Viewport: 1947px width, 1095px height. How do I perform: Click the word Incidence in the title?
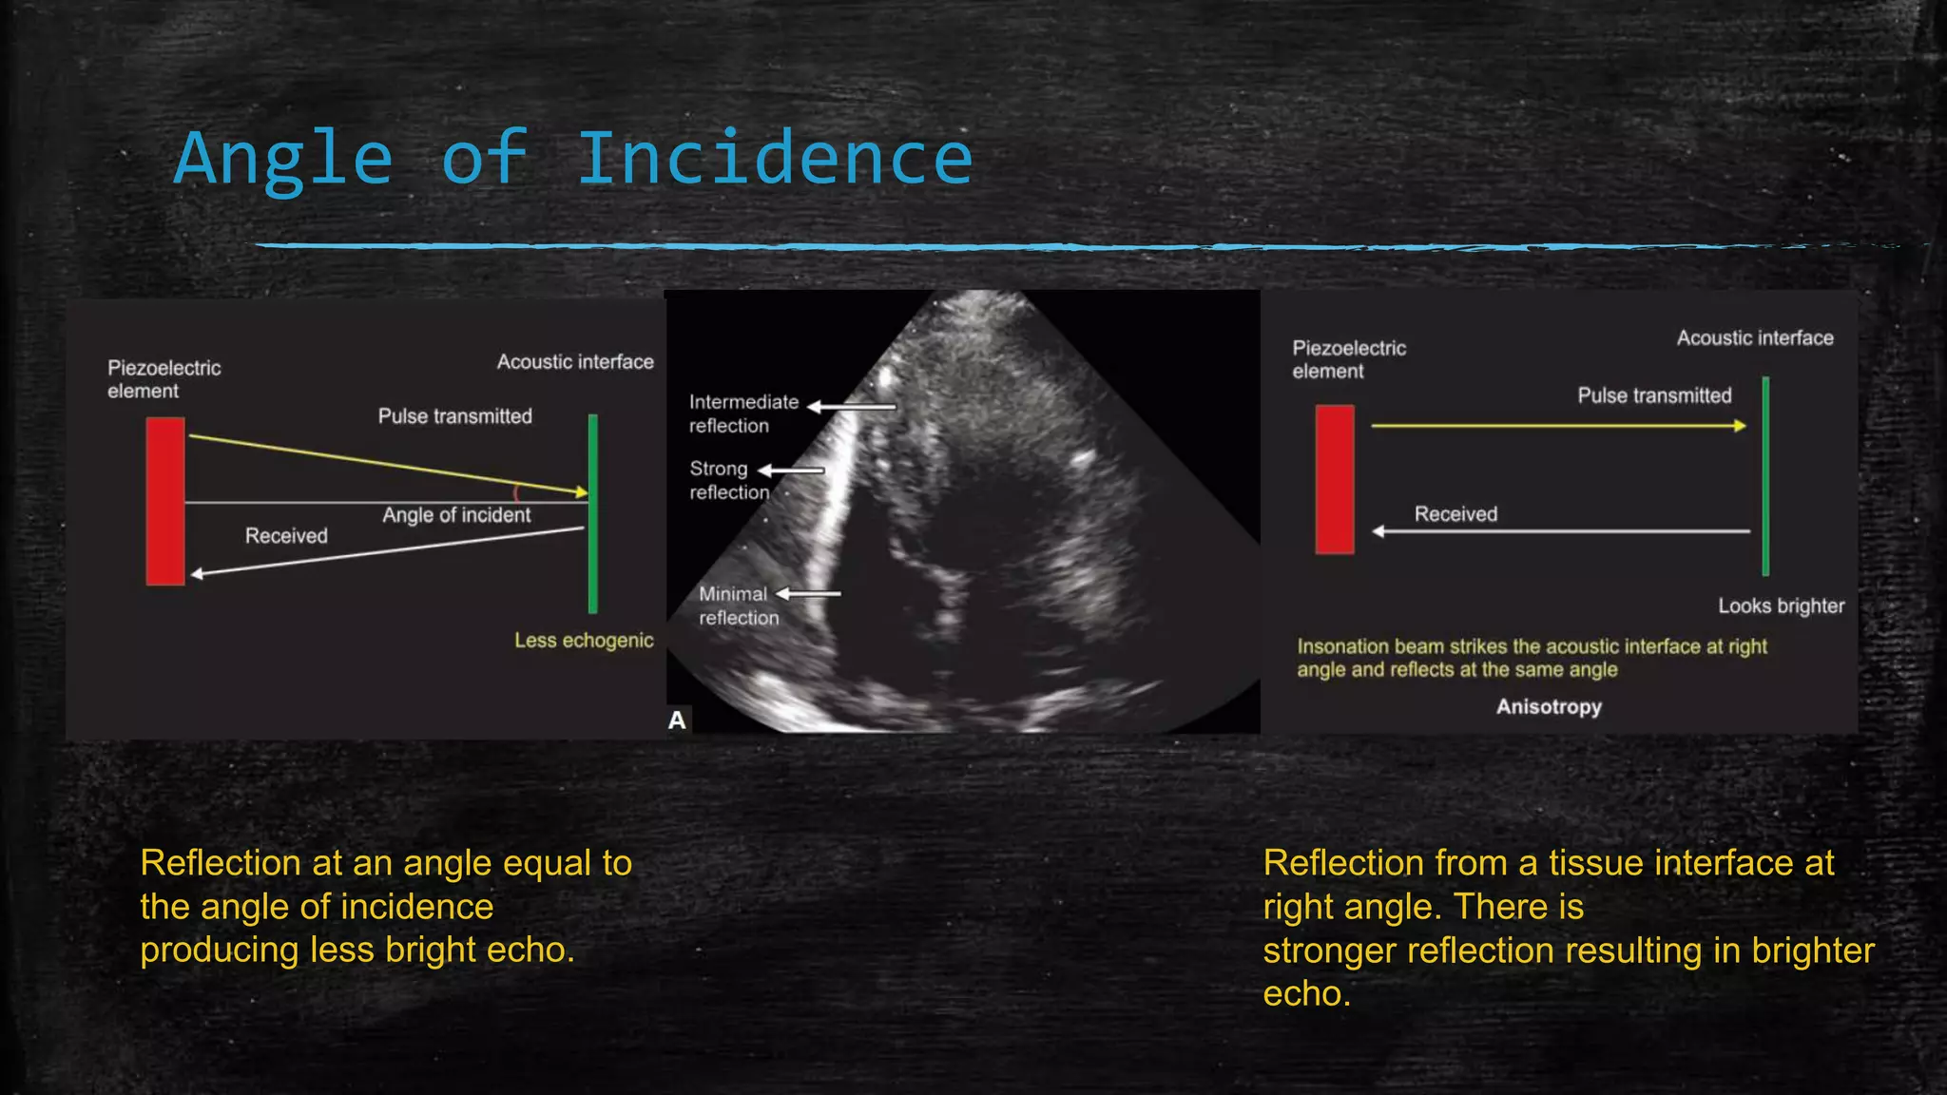[x=775, y=159]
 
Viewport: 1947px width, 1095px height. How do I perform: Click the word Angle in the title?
[x=283, y=159]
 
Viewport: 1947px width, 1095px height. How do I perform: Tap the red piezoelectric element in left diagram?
[x=165, y=501]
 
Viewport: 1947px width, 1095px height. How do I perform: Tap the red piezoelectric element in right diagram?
[x=1335, y=479]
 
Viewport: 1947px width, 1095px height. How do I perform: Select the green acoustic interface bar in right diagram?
[x=1765, y=475]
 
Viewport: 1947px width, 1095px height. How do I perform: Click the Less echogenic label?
[x=584, y=641]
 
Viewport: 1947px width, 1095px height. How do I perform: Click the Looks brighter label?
[x=1781, y=606]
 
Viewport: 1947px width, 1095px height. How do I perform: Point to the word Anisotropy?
[x=1549, y=707]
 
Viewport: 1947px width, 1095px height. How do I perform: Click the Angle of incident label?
[x=456, y=515]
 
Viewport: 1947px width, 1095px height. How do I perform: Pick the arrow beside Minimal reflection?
[x=808, y=594]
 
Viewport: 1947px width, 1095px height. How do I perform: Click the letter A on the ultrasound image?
[x=677, y=720]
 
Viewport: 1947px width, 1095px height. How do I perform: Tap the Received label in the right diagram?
[x=1455, y=514]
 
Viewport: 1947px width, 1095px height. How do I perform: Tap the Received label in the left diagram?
[x=286, y=536]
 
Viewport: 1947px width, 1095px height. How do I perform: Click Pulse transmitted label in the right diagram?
[x=1654, y=395]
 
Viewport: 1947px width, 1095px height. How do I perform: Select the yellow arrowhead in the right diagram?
[x=1740, y=426]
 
